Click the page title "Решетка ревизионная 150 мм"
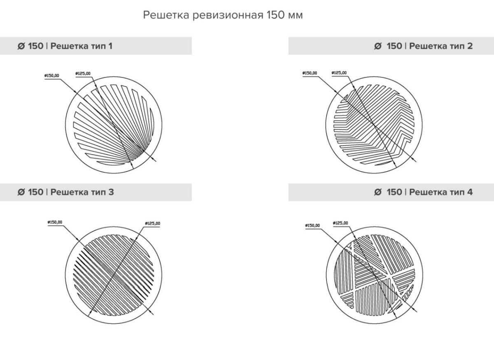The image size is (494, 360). [223, 16]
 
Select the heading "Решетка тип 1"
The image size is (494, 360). [81, 46]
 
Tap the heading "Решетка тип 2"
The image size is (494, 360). [441, 46]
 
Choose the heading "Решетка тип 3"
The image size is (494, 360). [82, 192]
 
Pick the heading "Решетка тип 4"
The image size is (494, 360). [441, 192]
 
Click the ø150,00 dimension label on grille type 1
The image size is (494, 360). [52, 76]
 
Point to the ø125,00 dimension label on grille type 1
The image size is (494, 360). [83, 74]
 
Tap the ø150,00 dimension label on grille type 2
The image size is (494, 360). [310, 73]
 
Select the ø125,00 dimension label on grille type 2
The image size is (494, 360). [339, 73]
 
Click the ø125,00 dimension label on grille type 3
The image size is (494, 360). [152, 223]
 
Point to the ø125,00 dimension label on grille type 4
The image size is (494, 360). [340, 223]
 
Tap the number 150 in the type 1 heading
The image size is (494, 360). [36, 46]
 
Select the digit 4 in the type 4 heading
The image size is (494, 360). [470, 192]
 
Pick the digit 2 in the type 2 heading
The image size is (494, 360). [470, 46]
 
